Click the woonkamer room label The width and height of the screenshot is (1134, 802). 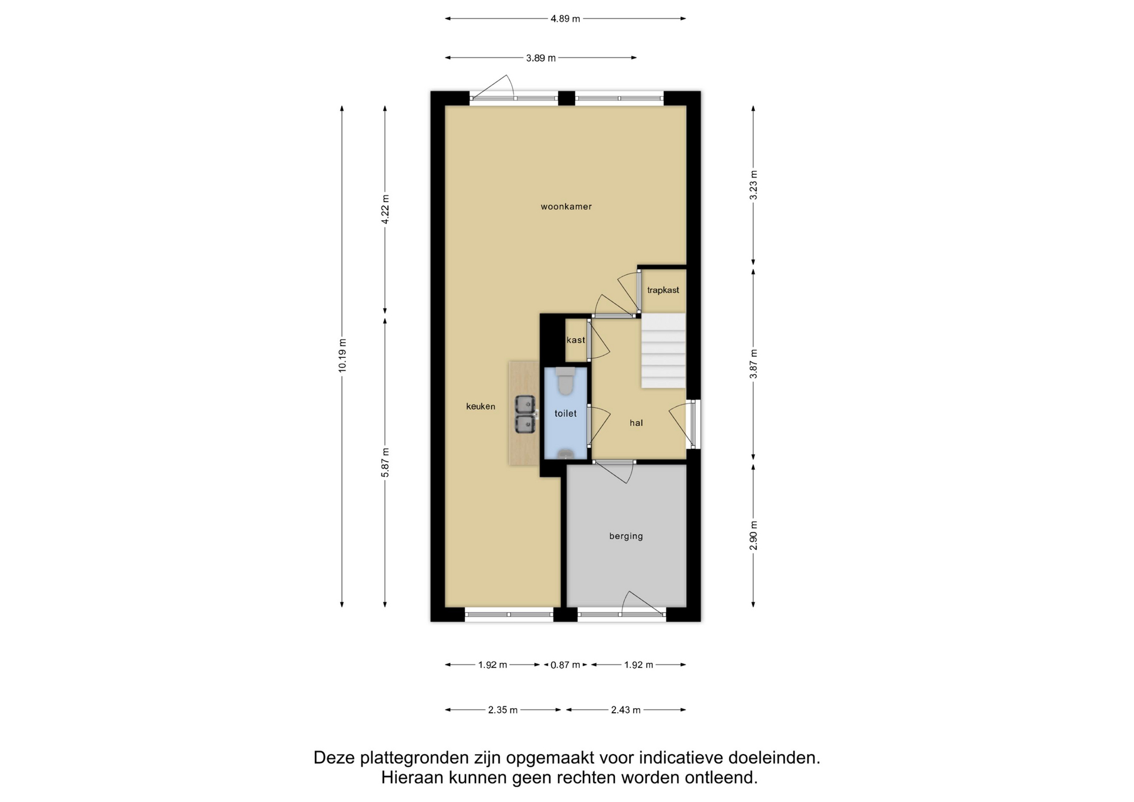pyautogui.click(x=566, y=207)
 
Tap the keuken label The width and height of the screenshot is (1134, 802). pyautogui.click(x=481, y=406)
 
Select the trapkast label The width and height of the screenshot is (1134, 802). pyautogui.click(x=663, y=290)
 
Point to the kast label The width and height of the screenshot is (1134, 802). pyautogui.click(x=576, y=340)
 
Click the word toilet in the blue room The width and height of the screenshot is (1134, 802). pyautogui.click(x=565, y=413)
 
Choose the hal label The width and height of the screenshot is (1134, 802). pyautogui.click(x=636, y=423)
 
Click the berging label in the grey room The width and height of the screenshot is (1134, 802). pyautogui.click(x=626, y=536)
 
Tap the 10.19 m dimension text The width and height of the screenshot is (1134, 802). pyautogui.click(x=343, y=356)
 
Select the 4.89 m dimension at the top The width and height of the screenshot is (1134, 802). pyautogui.click(x=565, y=18)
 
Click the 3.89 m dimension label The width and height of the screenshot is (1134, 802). pyautogui.click(x=541, y=58)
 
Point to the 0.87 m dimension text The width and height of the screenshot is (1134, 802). pyautogui.click(x=565, y=665)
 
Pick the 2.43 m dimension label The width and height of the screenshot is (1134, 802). pyautogui.click(x=625, y=710)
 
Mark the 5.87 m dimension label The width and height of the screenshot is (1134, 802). pyautogui.click(x=385, y=462)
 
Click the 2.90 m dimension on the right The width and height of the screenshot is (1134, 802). pyautogui.click(x=754, y=536)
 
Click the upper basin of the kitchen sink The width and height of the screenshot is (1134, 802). pyautogui.click(x=525, y=404)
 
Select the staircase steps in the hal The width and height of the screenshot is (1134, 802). pyautogui.click(x=663, y=351)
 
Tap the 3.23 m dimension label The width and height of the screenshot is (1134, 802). pyautogui.click(x=754, y=185)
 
